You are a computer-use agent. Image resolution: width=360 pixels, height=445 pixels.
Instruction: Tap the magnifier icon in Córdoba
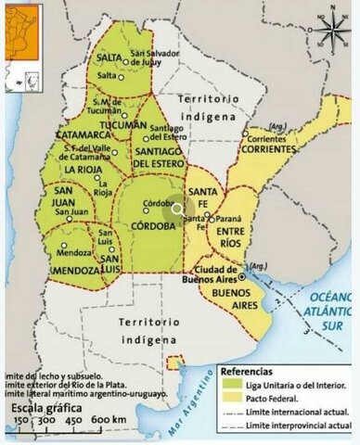pyautogui.click(x=177, y=210)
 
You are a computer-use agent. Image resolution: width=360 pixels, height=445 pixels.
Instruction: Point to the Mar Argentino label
pyautogui.click(x=190, y=413)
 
